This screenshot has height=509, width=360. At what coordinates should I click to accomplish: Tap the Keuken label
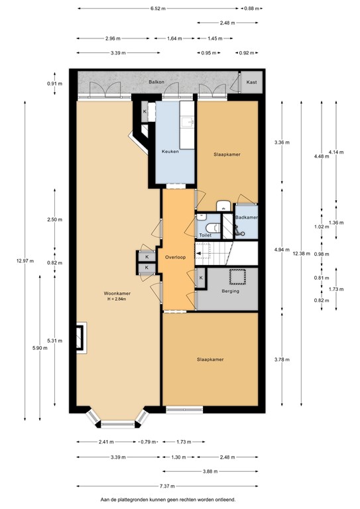tap(170, 152)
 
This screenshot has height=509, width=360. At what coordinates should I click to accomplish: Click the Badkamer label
tap(246, 217)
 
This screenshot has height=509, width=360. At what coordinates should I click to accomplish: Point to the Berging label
tap(230, 291)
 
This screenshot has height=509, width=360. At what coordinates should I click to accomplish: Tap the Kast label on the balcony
tap(250, 82)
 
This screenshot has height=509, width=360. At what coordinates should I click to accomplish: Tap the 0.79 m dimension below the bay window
tap(147, 442)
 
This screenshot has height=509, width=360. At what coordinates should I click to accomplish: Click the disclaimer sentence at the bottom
tap(166, 500)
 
